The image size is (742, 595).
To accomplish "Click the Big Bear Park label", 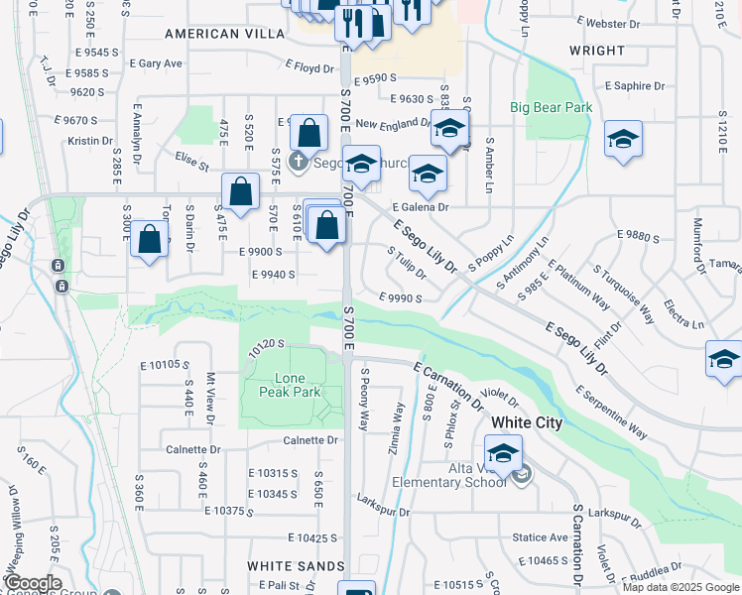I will pyautogui.click(x=551, y=107).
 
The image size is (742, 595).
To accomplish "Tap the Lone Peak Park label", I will pyautogui.click(x=297, y=385).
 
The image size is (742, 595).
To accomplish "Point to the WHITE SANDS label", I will pyautogui.click(x=288, y=565).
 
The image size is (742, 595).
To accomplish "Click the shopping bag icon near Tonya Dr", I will pyautogui.click(x=149, y=239).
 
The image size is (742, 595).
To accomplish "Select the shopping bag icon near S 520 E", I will pyautogui.click(x=241, y=189).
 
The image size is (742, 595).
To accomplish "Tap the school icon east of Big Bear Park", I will pyautogui.click(x=623, y=139).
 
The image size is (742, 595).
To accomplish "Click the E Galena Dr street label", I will pyautogui.click(x=421, y=207).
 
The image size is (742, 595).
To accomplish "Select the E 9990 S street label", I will pyautogui.click(x=401, y=297).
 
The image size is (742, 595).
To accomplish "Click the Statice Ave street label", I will pyautogui.click(x=541, y=537).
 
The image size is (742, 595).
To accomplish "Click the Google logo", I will pyautogui.click(x=33, y=583).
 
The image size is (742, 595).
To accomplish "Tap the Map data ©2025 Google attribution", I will pyautogui.click(x=680, y=587).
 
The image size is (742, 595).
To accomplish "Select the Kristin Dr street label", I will pyautogui.click(x=91, y=141).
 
